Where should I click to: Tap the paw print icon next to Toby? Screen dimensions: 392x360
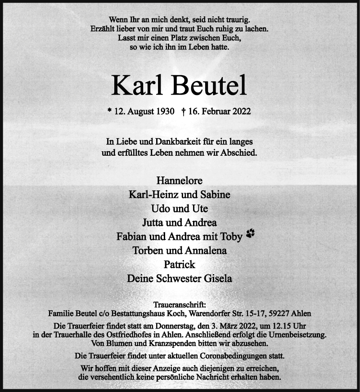(x=250, y=233)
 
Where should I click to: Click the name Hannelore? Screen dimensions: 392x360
(x=180, y=180)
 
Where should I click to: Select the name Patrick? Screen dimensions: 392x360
(x=180, y=265)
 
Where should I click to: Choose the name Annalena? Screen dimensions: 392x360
(x=206, y=251)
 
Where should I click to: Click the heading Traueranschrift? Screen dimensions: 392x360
(x=180, y=305)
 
